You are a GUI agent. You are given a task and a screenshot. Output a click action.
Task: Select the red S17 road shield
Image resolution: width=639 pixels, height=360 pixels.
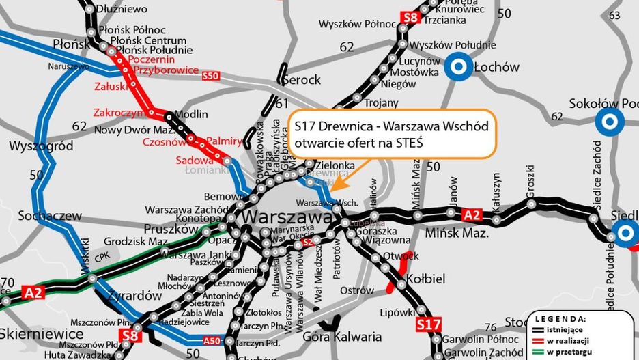pos(428,324)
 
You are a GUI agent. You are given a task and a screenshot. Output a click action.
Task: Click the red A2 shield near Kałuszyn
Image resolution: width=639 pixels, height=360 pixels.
pos(472,215)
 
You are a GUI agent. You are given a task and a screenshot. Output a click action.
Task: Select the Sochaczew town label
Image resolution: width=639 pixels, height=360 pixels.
pos(40,216)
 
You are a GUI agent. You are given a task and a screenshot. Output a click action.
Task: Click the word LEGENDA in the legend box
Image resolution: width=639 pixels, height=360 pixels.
pos(560,318)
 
